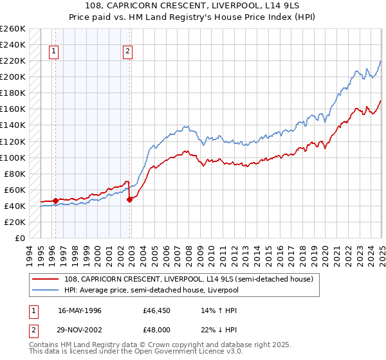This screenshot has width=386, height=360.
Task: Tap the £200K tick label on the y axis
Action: [x=12, y=76]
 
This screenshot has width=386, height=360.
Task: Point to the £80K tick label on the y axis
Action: [x=14, y=174]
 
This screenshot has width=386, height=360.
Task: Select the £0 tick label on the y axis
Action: [x=21, y=238]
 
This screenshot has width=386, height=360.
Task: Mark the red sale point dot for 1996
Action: [x=55, y=201]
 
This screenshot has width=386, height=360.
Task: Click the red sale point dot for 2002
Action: [x=130, y=199]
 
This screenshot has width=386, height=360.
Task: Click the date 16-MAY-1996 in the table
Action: [x=80, y=309]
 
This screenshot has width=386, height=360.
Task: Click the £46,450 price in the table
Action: [x=157, y=309]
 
